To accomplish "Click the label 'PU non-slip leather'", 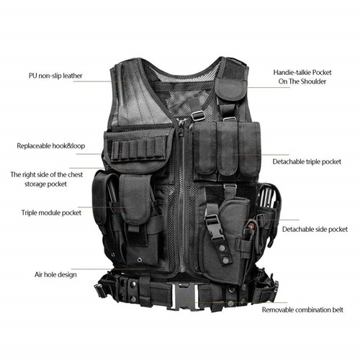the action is click(55, 76).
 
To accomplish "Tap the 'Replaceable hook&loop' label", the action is click(51, 146).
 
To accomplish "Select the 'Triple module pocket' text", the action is click(51, 213).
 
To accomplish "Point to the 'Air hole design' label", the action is click(55, 274).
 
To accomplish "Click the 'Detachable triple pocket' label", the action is click(307, 162).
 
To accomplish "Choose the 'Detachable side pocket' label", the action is click(315, 230).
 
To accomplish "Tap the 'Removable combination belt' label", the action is click(302, 310).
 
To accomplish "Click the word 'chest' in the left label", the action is click(75, 174).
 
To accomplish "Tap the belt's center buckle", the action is click(185, 297).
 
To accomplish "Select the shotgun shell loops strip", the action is click(139, 148).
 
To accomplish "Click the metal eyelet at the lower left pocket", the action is click(139, 260).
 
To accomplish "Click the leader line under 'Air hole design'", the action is click(108, 269).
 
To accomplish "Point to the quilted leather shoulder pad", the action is click(142, 96).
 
